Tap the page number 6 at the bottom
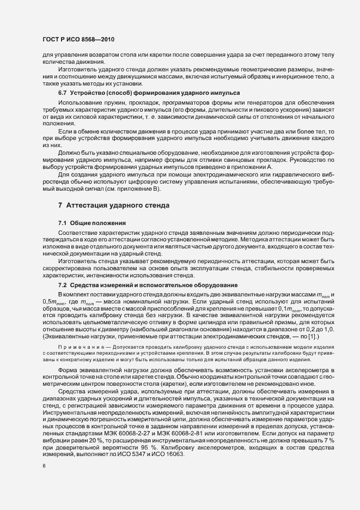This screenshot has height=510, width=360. [44, 466]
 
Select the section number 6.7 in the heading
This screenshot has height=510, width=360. [63, 94]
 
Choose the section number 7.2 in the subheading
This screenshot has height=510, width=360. [63, 285]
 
